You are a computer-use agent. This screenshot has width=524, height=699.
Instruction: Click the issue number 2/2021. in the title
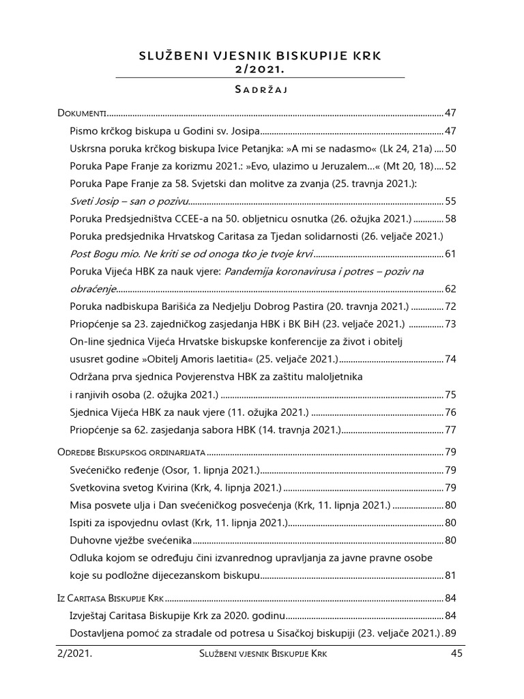click(262, 69)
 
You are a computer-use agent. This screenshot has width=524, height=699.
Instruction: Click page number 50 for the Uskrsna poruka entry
click(450, 148)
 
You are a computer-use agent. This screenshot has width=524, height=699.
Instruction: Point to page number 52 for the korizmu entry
click(450, 166)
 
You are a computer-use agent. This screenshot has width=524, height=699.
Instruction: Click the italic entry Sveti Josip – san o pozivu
click(128, 201)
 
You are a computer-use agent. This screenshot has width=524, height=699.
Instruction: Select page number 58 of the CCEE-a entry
click(450, 219)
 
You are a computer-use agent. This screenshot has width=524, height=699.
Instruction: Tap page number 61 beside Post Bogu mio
click(450, 255)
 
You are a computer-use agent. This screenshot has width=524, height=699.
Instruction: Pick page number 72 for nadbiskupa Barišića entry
click(450, 307)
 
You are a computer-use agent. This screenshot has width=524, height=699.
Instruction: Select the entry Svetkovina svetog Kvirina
click(175, 487)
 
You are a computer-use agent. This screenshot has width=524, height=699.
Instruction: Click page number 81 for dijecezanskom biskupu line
click(450, 575)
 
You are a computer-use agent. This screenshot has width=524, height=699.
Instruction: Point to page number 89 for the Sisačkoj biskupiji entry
click(450, 632)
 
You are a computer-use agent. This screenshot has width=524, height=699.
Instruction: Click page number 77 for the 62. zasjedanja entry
click(450, 430)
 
